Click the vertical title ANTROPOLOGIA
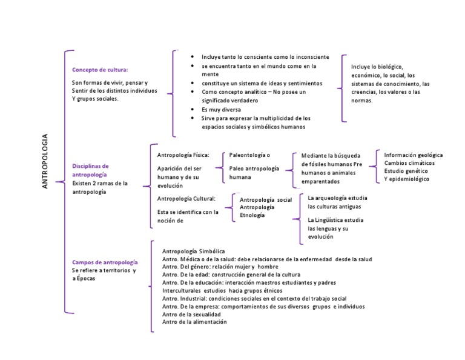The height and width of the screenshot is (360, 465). point(45,161)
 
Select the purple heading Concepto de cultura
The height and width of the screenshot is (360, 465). point(100,70)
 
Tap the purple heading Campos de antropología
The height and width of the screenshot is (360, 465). point(105,262)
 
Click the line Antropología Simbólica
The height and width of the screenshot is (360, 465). point(193,252)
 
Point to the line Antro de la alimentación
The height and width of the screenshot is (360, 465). point(194,322)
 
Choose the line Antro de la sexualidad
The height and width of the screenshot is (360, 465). point(191,315)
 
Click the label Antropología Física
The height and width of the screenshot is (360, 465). point(183,155)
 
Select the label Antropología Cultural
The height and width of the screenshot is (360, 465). point(186,199)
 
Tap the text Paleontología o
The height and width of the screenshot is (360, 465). point(249,155)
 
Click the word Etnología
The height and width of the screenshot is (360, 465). point(252,215)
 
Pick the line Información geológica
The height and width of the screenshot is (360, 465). point(414,155)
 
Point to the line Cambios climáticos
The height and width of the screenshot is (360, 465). point(409,163)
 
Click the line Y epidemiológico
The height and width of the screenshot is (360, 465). point(407,179)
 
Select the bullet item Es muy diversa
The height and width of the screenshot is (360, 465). point(221,110)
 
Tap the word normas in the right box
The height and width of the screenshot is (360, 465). point(362,101)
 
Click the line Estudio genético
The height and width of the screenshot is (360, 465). point(406,171)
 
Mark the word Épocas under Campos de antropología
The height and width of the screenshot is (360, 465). point(86,278)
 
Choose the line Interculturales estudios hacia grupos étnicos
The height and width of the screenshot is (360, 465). point(222,290)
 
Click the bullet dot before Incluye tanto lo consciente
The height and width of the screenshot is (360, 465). point(193,56)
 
